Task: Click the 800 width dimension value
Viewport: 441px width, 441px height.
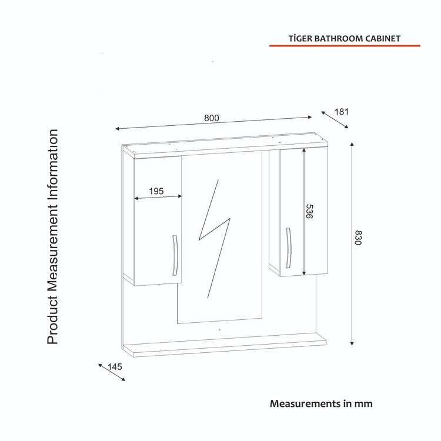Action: click(x=211, y=118)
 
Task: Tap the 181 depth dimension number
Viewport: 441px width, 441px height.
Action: click(x=342, y=112)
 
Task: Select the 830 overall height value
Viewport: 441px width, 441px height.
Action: click(x=358, y=238)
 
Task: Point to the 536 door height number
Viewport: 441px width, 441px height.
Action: click(x=309, y=212)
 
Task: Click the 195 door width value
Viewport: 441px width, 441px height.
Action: click(x=156, y=191)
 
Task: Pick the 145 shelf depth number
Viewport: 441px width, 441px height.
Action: click(x=115, y=367)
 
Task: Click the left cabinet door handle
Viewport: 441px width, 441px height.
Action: click(x=175, y=255)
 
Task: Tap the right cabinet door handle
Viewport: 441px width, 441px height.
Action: click(x=288, y=248)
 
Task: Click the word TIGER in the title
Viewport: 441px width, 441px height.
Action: click(x=300, y=39)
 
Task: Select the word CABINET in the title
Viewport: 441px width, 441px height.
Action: click(x=383, y=39)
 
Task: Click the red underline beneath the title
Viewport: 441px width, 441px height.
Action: click(x=345, y=45)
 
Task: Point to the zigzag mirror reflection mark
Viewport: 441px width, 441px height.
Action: click(x=214, y=239)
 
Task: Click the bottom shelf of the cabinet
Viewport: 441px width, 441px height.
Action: click(x=224, y=345)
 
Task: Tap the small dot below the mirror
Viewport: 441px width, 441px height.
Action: click(x=219, y=330)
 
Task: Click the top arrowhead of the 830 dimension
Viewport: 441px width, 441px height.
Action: click(x=352, y=144)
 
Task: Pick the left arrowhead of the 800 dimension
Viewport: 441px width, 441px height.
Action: click(x=117, y=129)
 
